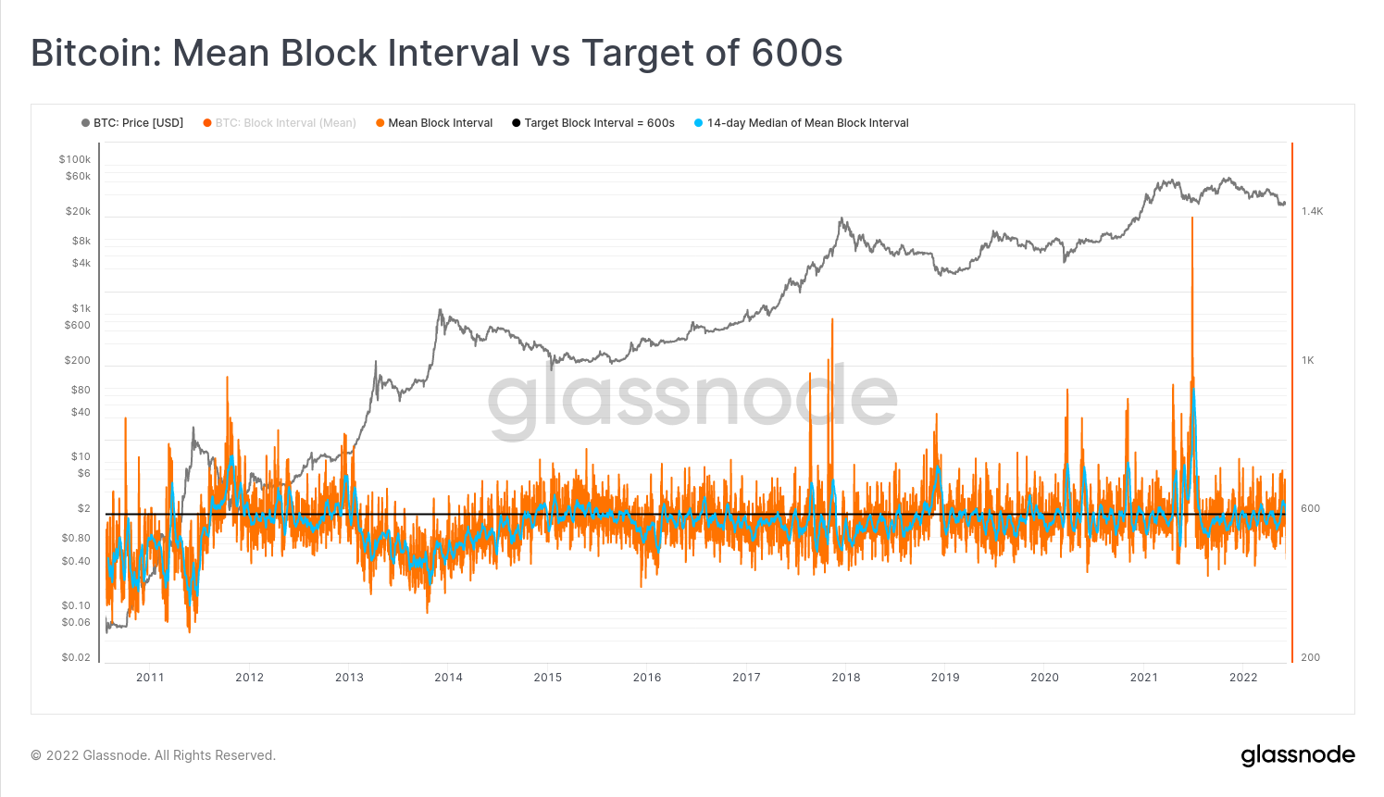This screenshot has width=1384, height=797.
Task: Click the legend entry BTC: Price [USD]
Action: (138, 123)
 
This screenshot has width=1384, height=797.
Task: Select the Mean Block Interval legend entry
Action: (440, 123)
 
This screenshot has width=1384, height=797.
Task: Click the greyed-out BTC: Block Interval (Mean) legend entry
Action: (285, 123)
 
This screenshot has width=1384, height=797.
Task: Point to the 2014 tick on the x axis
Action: (448, 678)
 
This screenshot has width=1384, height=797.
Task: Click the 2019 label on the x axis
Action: (945, 678)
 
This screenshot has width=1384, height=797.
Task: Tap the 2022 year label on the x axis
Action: (1243, 678)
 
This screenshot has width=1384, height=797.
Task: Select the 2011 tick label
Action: (150, 678)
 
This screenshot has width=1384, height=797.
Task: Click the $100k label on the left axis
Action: (75, 159)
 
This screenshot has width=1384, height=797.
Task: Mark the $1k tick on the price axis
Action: (81, 308)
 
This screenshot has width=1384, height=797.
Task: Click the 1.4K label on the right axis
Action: (1312, 211)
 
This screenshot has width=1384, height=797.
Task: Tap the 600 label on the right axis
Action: (1310, 508)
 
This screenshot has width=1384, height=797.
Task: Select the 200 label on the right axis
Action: (1310, 657)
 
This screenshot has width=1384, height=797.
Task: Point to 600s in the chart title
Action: (797, 53)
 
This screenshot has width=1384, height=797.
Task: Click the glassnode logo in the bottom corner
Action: (1297, 755)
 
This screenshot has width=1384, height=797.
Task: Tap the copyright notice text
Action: (154, 755)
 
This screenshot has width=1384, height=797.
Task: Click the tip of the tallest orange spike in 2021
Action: (1192, 218)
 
